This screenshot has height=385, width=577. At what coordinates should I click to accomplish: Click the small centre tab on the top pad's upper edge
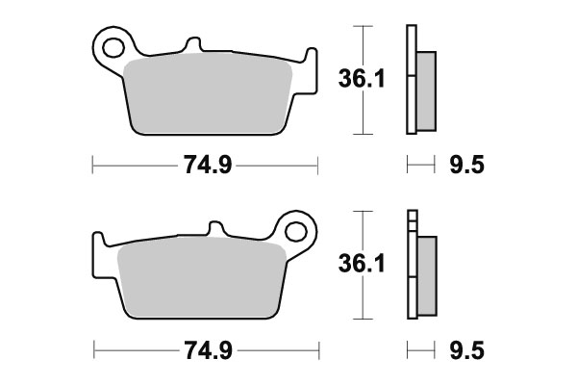pos(192,44)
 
